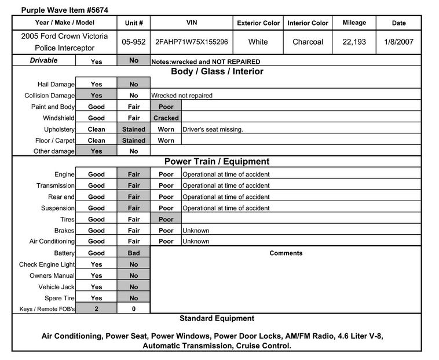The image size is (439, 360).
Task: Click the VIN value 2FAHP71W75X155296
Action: [x=192, y=42]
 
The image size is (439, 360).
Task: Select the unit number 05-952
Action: [x=134, y=42]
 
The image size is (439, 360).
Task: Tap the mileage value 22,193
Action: [x=354, y=42]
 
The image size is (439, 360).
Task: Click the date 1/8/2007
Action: [x=398, y=42]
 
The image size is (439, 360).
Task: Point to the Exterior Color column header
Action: [x=258, y=23]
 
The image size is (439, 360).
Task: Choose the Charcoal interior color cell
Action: [x=308, y=42]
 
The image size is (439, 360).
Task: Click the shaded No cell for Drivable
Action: [x=134, y=60]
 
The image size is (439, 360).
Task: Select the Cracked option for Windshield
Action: [x=166, y=118]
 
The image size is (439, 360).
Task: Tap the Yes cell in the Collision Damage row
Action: [x=96, y=96]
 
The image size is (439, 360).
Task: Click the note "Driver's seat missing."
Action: [x=213, y=129]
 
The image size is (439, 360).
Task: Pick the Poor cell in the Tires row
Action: [x=166, y=220]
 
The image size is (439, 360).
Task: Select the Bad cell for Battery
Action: [x=134, y=253]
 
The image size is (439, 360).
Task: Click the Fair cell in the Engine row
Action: [x=134, y=174]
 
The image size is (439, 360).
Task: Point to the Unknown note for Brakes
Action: [x=196, y=231]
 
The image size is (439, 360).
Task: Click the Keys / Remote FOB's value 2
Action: [x=96, y=310]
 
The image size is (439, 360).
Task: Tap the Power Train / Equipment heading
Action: [x=217, y=162]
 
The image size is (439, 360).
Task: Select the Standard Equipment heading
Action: [x=217, y=318]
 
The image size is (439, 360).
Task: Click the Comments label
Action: [x=286, y=253]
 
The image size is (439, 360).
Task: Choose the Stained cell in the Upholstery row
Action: [x=134, y=129]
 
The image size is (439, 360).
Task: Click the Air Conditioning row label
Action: [x=52, y=242]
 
